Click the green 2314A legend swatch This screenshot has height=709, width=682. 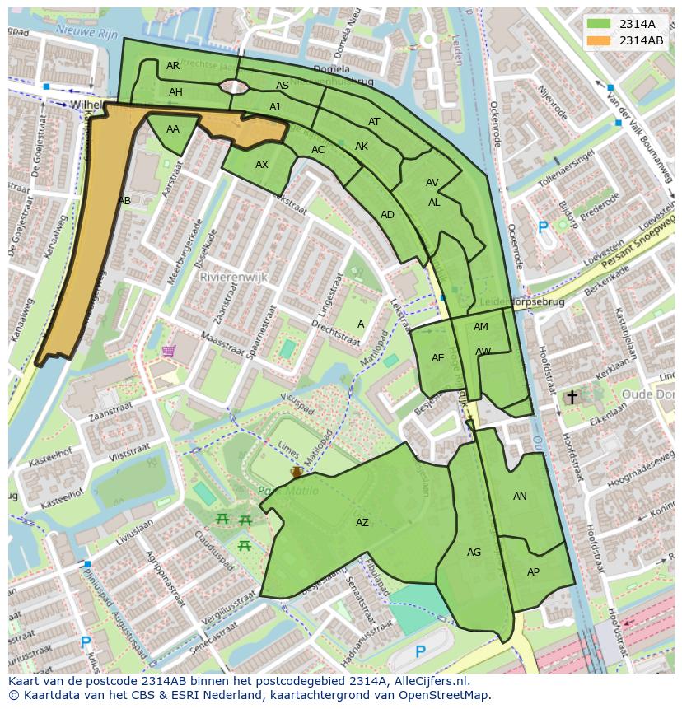599,24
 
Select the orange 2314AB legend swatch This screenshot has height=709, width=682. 599,40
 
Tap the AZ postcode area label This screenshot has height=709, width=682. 362,523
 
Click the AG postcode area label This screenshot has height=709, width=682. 474,553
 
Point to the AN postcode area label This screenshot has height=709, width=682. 520,497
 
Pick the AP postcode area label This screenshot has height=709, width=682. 533,572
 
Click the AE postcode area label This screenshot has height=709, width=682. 438,358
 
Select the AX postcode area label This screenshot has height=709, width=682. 262,165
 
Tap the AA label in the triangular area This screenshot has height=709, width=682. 173,129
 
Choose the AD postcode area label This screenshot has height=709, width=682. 387,215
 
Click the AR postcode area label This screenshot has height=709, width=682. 173,66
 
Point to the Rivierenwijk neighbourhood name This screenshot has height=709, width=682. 233,278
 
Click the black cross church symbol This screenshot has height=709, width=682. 572,397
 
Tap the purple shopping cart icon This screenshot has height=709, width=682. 169,352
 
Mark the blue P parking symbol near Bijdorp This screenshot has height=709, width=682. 542,227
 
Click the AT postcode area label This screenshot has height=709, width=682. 374,122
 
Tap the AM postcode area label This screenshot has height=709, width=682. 481,327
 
